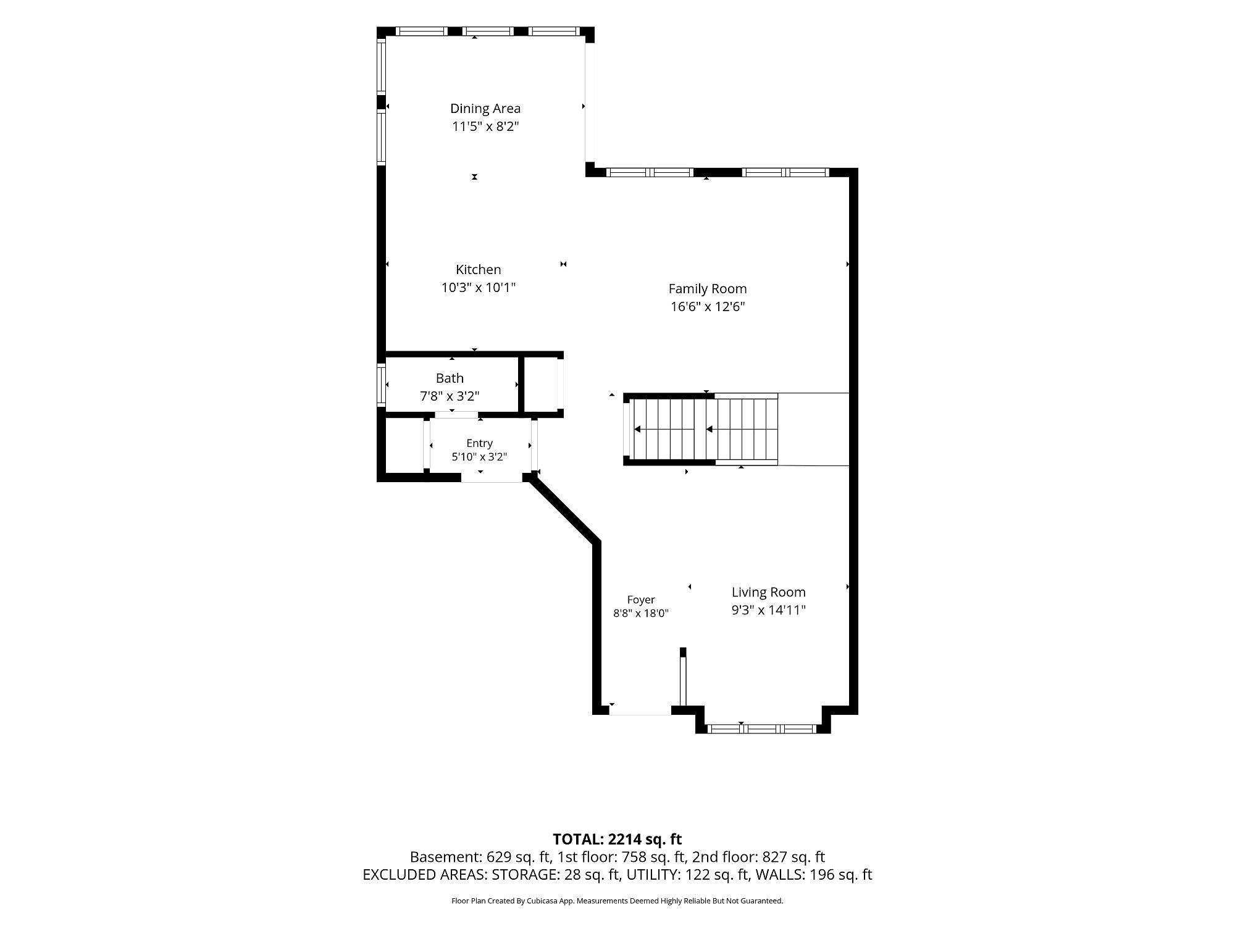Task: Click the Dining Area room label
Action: point(485,109)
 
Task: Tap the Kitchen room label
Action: point(479,270)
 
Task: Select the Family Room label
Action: point(708,289)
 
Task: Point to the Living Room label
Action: point(769,593)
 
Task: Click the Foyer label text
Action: point(641,600)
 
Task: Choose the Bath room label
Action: point(450,378)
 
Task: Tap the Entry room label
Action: point(480,443)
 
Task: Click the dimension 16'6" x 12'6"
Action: point(708,307)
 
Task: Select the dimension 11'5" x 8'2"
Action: point(485,127)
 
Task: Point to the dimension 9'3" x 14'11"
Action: point(769,611)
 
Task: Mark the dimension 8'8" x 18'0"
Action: point(641,614)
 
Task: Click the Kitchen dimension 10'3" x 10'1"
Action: point(479,288)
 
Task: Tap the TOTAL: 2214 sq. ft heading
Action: point(617,840)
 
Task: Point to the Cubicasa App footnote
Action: point(617,901)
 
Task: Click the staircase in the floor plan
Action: point(701,429)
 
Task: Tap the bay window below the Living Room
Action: point(763,728)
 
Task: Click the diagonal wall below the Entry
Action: point(565,511)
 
